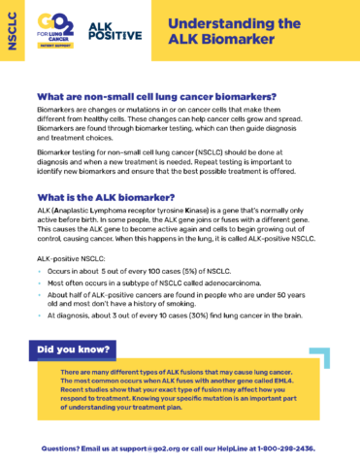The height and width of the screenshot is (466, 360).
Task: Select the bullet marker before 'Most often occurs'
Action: point(37,286)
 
